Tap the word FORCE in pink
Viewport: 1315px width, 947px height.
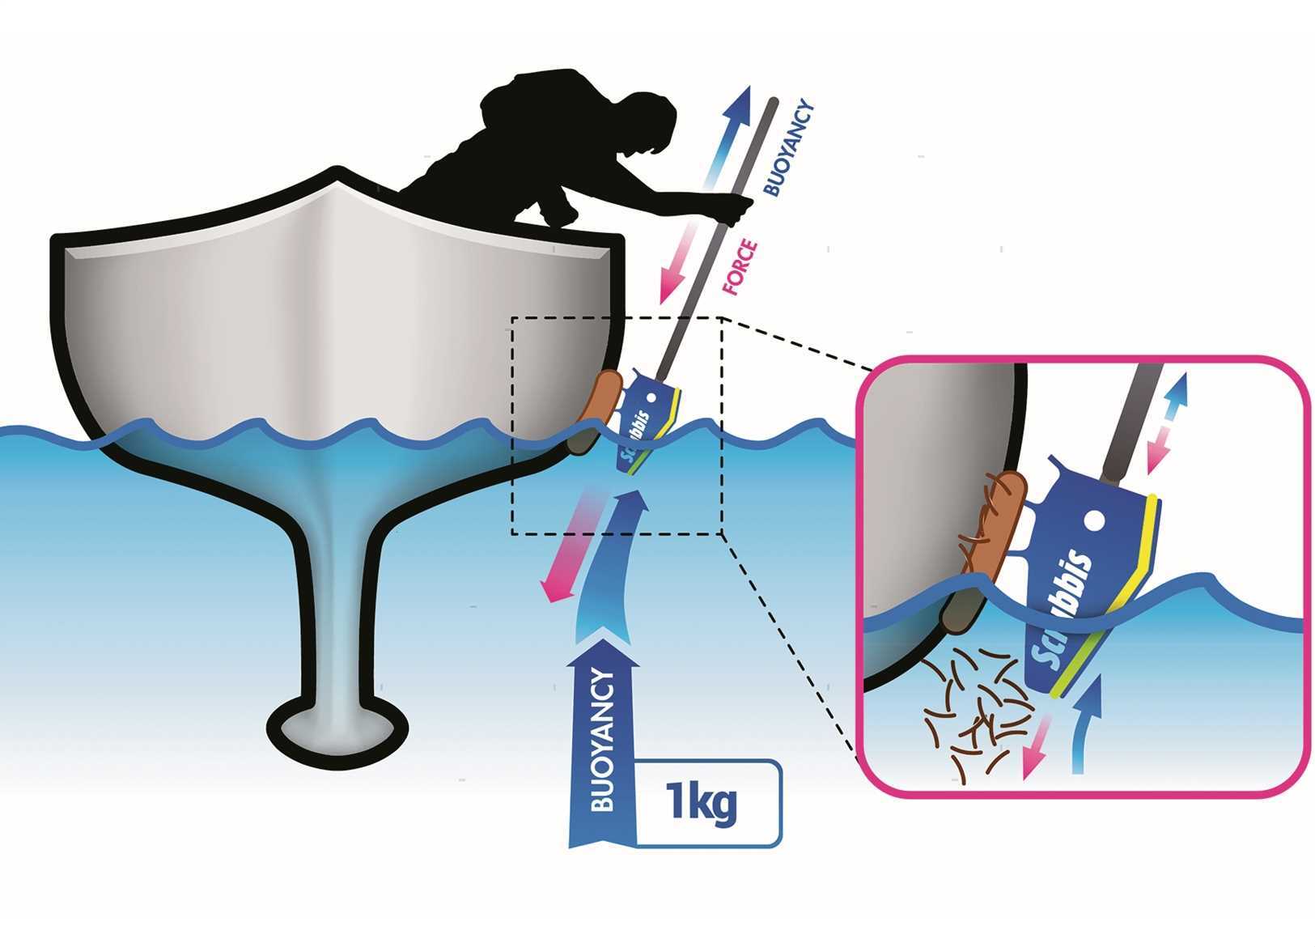pyautogui.click(x=740, y=267)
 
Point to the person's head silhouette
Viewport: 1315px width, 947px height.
pyautogui.click(x=651, y=121)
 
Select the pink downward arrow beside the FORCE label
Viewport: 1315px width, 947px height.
pyautogui.click(x=680, y=259)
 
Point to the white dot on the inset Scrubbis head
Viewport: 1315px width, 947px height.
pyautogui.click(x=1094, y=516)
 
